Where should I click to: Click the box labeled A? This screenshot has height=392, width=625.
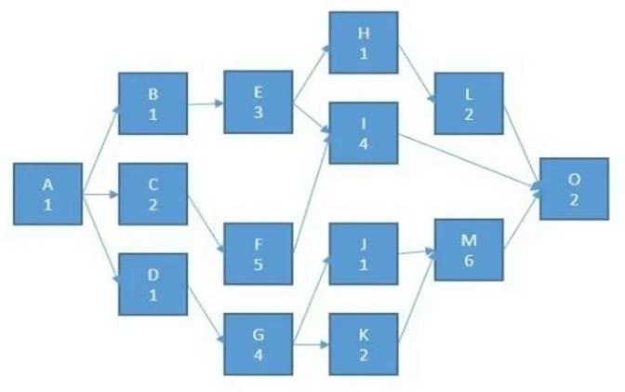pos(47,194)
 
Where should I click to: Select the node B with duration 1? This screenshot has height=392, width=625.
pos(153,103)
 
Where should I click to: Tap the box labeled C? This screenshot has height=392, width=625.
pos(153,194)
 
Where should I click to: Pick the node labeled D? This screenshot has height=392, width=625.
pos(153,284)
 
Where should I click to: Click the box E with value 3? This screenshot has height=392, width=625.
pos(259,102)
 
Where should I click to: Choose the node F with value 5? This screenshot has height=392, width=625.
pos(259,254)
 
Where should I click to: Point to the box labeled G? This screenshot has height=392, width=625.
pos(259,345)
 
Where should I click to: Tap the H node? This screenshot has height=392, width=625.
pos(364,43)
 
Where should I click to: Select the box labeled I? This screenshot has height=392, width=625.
pos(364,133)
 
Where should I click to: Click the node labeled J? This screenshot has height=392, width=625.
pos(364,254)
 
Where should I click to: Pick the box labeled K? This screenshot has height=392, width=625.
pos(364,345)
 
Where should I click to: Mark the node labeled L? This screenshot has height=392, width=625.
pos(469,103)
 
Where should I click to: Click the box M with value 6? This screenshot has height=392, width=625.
pos(469,250)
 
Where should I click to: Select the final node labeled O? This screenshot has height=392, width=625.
pos(575,189)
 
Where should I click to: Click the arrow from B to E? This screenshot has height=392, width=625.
pos(206,103)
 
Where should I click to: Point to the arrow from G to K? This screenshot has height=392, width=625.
pos(311,345)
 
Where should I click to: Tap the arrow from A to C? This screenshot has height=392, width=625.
pos(100,195)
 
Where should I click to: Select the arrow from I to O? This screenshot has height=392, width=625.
pos(470,161)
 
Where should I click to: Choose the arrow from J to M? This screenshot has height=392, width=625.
pos(416,252)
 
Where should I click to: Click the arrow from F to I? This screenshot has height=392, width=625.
pos(311,193)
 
